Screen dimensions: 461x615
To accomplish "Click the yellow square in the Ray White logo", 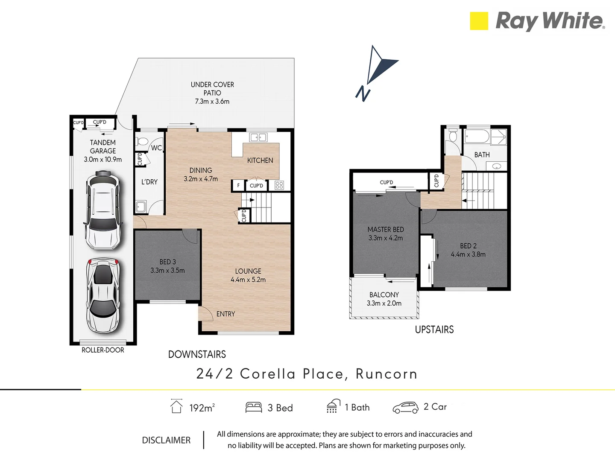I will click(479, 21).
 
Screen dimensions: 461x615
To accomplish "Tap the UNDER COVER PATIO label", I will click(212, 89).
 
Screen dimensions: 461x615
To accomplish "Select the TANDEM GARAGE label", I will click(103, 146).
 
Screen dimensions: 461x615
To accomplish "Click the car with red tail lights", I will click(102, 296).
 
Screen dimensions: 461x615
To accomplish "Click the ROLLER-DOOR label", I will click(103, 350).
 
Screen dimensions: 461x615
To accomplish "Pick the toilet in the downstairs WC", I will click(142, 141).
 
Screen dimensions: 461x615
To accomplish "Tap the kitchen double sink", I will click(258, 137).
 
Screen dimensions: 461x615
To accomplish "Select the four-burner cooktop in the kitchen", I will click(279, 185).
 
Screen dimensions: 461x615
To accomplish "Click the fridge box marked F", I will click(238, 185).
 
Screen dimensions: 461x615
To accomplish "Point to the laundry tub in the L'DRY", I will click(141, 207).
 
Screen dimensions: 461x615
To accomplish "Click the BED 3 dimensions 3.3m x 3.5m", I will click(167, 270).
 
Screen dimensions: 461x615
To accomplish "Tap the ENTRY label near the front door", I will click(225, 314).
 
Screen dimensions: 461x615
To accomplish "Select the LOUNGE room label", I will click(248, 271).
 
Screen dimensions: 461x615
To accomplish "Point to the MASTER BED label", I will click(386, 230).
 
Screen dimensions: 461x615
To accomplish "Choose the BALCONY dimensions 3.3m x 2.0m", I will click(384, 303).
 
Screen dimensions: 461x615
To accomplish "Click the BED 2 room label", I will click(468, 246).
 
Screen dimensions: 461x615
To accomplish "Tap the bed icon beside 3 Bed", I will click(254, 407).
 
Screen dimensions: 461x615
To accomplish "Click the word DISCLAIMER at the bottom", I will click(166, 440).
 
